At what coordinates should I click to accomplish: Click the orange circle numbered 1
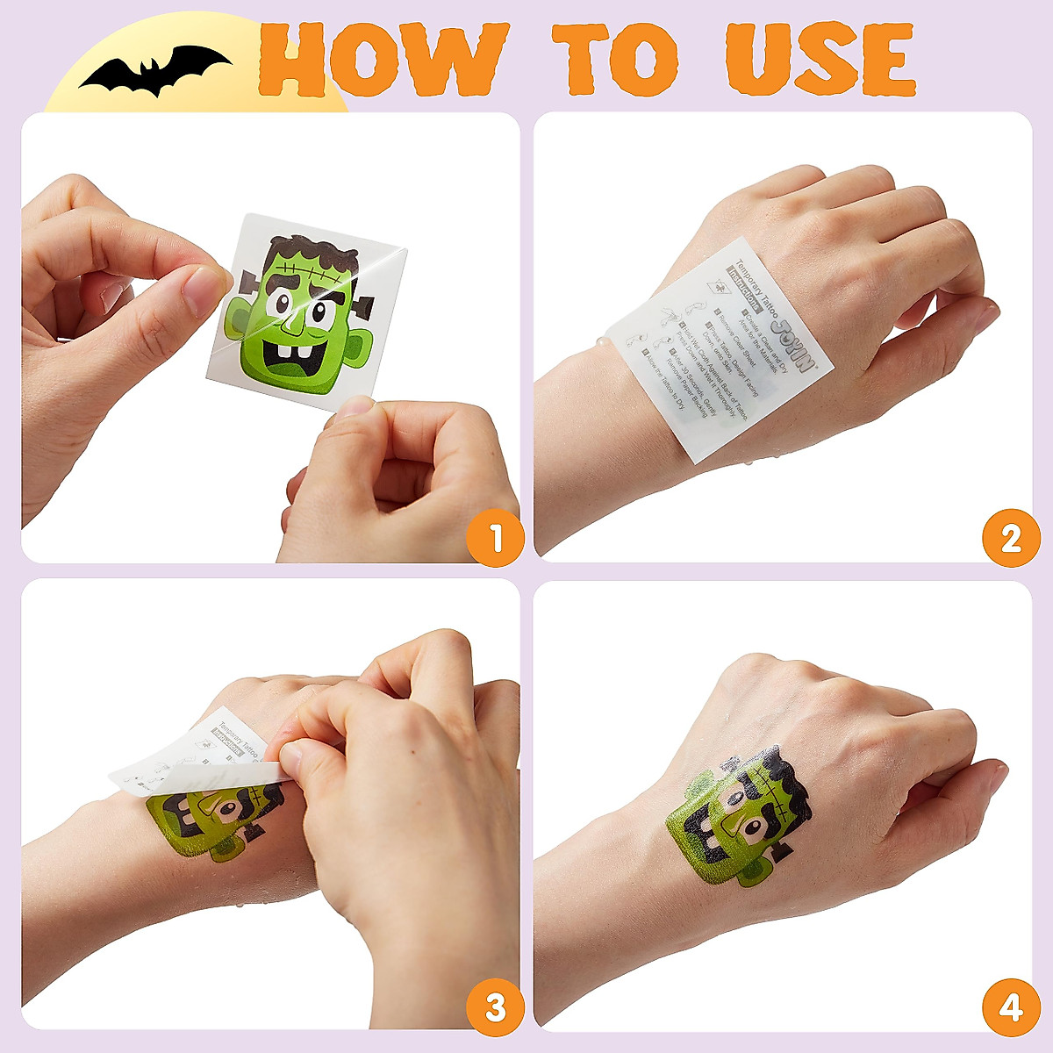(496, 537)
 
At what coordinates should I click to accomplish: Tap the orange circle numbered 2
(1010, 537)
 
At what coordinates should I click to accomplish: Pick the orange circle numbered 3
(496, 1007)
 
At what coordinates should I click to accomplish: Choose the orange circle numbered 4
(1010, 1007)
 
